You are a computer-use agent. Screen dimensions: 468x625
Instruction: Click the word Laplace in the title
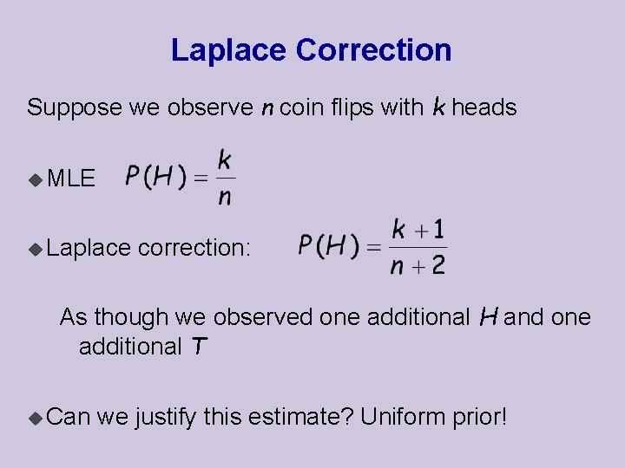pyautogui.click(x=229, y=50)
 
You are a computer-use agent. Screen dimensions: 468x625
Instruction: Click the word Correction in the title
pyautogui.click(x=373, y=50)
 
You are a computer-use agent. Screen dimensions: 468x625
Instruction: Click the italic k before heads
pyautogui.click(x=438, y=107)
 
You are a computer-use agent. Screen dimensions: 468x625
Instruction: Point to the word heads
pyautogui.click(x=484, y=108)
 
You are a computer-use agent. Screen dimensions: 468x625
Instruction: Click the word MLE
pyautogui.click(x=71, y=179)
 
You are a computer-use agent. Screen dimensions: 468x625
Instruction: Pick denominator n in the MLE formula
pyautogui.click(x=225, y=198)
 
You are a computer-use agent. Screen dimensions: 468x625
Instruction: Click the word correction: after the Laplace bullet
pyautogui.click(x=194, y=248)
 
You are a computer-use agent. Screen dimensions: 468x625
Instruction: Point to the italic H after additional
pyautogui.click(x=487, y=317)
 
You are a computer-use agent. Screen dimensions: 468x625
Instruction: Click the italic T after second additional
pyautogui.click(x=199, y=347)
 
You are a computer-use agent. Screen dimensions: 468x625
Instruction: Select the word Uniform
pyautogui.click(x=403, y=418)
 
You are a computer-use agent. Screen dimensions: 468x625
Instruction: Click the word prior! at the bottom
pyautogui.click(x=480, y=418)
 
